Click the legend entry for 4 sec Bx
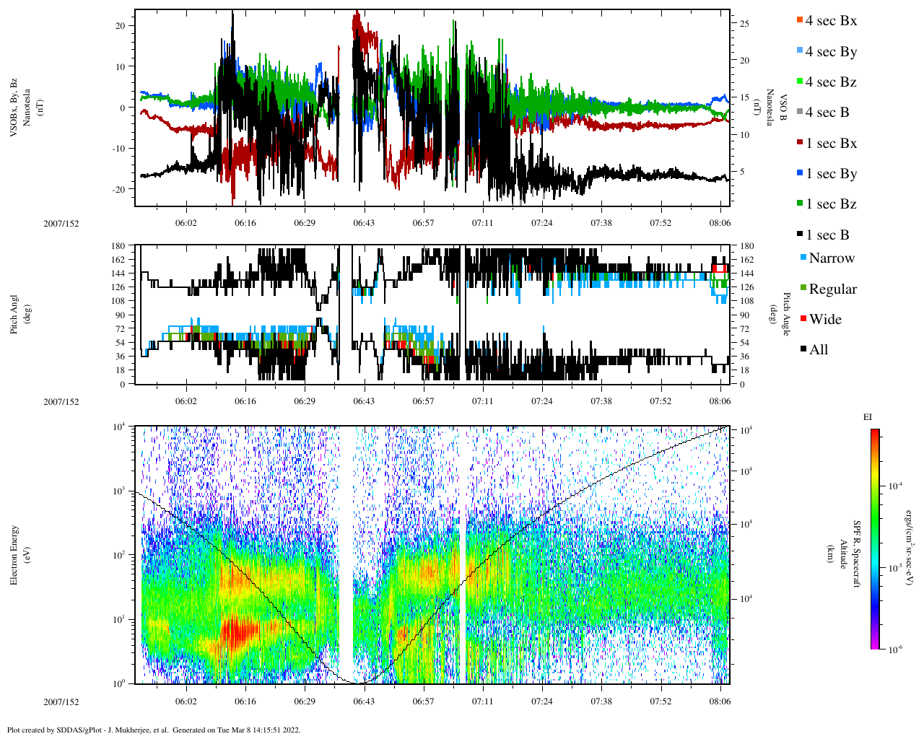click(830, 21)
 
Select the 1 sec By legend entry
click(830, 174)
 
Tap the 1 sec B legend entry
click(827, 235)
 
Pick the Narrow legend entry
click(831, 258)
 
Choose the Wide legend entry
click(824, 320)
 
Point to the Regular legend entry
click(832, 289)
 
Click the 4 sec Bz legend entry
click(830, 82)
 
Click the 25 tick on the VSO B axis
click(744, 24)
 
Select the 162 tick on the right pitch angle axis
click(746, 260)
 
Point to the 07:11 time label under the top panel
click(482, 223)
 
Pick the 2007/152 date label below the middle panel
click(61, 402)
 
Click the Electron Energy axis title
click(14, 555)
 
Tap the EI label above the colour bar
click(867, 417)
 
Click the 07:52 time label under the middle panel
click(661, 401)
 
